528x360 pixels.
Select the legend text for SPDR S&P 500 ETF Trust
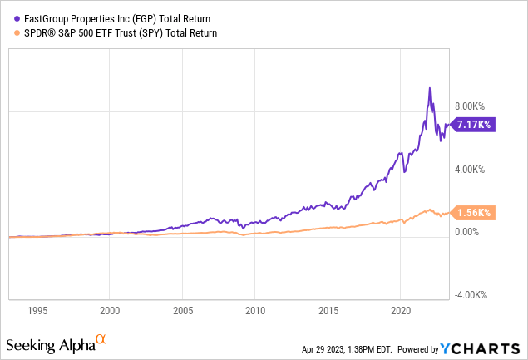[x=116, y=33]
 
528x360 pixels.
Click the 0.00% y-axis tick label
[x=469, y=237]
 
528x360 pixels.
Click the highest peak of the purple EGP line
[x=429, y=88]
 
